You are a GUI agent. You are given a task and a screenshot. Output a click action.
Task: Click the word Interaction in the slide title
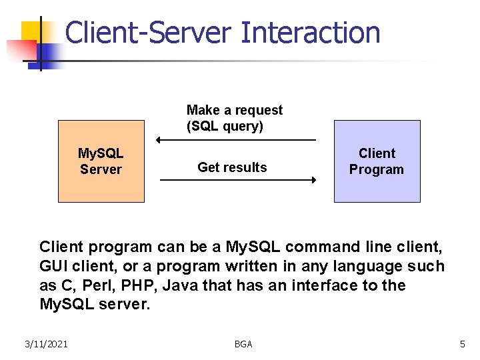coord(311,33)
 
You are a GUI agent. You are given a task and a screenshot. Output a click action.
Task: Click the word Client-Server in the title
coord(148,33)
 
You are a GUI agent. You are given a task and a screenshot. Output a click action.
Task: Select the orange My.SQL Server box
coord(101,161)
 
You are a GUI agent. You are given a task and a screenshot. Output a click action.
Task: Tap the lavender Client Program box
coord(377,161)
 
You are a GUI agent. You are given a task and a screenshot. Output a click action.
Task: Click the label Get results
coord(232,167)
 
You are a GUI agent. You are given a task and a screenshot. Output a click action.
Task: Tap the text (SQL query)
coord(225,126)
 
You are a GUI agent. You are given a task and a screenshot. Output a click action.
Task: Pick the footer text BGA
coord(243,344)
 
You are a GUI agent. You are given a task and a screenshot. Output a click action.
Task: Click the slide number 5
coord(462,344)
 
